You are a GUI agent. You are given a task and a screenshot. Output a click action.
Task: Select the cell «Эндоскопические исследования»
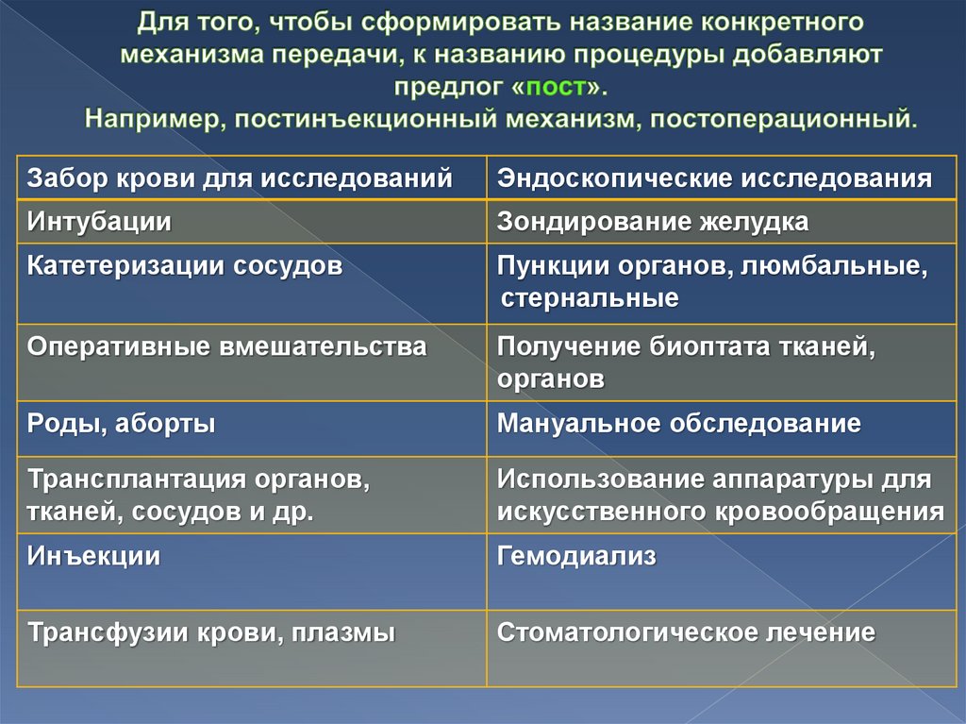point(714,177)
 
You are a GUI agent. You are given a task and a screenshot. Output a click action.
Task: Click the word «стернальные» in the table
point(590,299)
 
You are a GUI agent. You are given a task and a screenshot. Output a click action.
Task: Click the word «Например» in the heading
point(155,120)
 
